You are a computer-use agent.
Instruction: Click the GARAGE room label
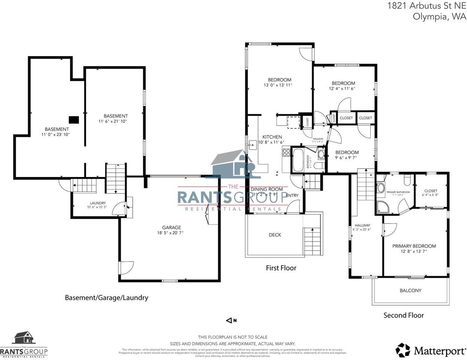pos(171,227)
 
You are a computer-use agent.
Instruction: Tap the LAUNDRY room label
pos(98,203)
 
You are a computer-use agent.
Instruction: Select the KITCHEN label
pos(272,137)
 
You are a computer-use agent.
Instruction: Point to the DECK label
pos(275,235)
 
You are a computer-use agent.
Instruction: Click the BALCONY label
pos(410,290)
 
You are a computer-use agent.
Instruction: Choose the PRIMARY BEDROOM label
pos(414,246)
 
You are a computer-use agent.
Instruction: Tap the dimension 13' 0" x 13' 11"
pos(278,85)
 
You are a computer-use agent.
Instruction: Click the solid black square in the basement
pos(74,120)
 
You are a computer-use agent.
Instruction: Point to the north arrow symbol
pos(229,320)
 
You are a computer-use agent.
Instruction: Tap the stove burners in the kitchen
pos(287,152)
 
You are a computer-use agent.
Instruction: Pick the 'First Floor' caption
pos(281,268)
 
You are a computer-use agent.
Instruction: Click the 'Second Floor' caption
pos(403,315)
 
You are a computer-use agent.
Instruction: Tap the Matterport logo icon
pos(403,350)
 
